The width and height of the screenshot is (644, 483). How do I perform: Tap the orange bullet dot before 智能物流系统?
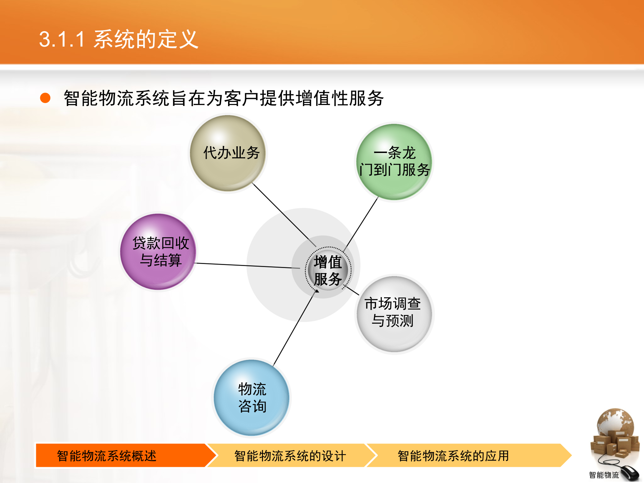45,98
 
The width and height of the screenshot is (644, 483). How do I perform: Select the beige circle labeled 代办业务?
228,153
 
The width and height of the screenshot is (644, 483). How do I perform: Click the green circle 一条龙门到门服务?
394,162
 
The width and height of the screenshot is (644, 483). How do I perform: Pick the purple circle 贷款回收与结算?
158,252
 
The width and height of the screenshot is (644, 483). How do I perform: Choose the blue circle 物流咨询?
252,397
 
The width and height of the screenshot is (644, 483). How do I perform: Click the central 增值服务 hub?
328,270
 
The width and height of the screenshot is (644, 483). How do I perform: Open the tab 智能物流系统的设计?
290,455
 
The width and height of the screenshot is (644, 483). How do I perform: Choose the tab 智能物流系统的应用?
453,455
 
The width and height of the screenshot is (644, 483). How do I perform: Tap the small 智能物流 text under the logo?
603,475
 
